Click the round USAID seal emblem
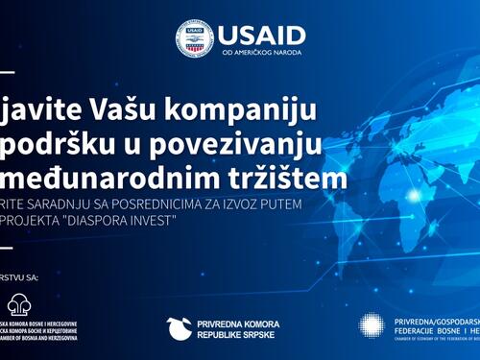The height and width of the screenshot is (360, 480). pyautogui.click(x=194, y=38)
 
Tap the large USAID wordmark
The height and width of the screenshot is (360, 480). pyautogui.click(x=262, y=35)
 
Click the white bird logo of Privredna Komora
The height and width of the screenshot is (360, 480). pyautogui.click(x=180, y=328)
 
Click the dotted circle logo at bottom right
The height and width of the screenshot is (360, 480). pyautogui.click(x=372, y=326)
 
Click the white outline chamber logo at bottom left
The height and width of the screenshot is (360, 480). pyautogui.click(x=19, y=305)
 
